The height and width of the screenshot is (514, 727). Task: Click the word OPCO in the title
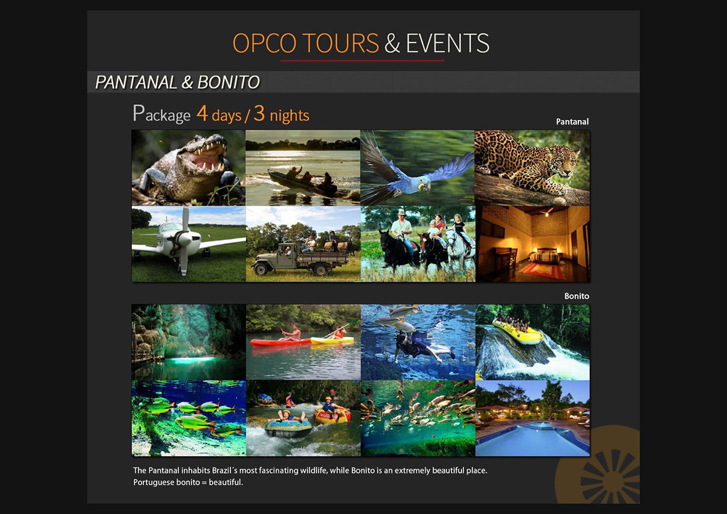[264, 43]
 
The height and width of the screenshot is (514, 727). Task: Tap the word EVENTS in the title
[447, 43]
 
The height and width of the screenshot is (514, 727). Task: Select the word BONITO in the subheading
[229, 82]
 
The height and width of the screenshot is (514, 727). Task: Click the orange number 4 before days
[202, 113]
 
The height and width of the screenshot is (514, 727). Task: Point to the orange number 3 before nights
[259, 113]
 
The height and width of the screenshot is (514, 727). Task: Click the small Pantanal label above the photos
[572, 121]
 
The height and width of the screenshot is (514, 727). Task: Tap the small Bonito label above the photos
[576, 296]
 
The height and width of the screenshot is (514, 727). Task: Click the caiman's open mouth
[207, 158]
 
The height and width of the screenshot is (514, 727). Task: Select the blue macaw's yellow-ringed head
[423, 185]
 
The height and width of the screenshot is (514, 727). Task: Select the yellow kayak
[331, 341]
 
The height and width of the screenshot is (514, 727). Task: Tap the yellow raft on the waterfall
[518, 331]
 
